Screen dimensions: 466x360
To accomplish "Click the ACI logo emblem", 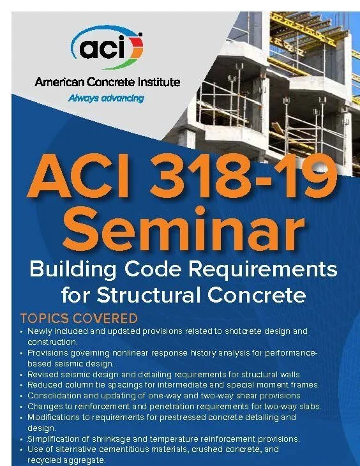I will pos(107,47).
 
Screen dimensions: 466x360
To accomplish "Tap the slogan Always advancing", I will pos(107,98).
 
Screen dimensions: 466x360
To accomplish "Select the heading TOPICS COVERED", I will pos(79,318).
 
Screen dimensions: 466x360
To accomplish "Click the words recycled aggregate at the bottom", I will pos(66,460).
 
